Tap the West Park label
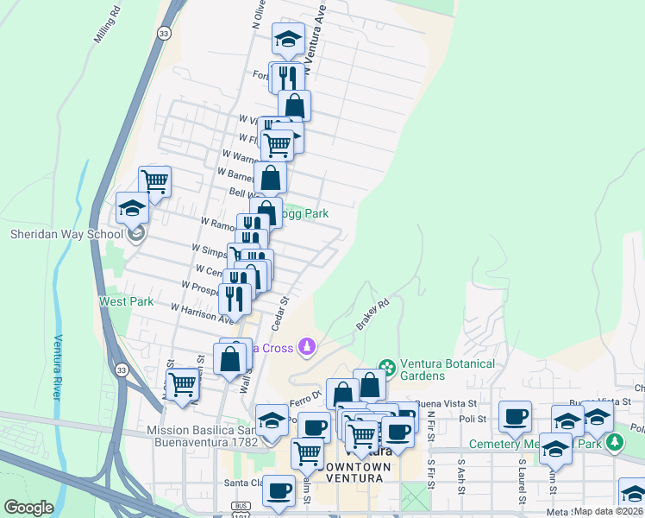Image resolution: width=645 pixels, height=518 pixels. point(126,301)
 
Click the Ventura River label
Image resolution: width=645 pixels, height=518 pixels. point(59,367)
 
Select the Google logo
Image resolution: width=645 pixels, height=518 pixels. point(28,508)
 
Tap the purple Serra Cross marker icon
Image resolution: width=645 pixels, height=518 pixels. point(306,347)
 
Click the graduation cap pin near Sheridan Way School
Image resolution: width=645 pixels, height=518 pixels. point(134,208)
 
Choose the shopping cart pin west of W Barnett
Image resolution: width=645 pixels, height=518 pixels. point(154,180)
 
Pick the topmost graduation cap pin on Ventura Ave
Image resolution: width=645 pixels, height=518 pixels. point(288,38)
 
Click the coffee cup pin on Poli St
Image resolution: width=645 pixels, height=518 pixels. point(516,416)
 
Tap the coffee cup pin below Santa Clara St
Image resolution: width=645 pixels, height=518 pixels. point(279,490)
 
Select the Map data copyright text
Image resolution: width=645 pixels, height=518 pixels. point(607,511)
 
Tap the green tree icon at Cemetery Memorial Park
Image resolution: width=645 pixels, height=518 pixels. point(614,443)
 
